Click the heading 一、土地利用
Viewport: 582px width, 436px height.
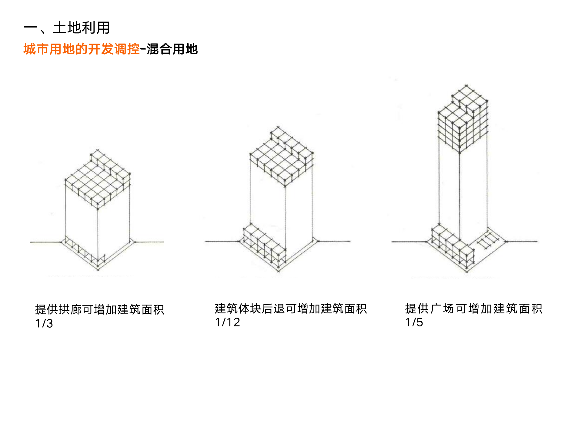pos(66,28)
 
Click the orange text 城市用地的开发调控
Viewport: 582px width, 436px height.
pos(82,49)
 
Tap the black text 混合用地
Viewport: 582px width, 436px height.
pos(172,49)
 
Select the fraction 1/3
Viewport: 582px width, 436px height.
pos(44,323)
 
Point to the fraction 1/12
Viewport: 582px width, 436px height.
pos(227,322)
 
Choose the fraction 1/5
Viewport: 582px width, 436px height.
pos(414,322)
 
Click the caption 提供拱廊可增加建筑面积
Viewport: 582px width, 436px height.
pos(99,309)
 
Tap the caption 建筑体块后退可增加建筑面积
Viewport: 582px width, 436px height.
pos(291,309)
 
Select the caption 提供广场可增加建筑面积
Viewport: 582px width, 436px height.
pos(473,309)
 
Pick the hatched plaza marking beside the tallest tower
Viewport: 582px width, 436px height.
pos(487,241)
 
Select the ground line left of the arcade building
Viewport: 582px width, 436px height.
pos(45,242)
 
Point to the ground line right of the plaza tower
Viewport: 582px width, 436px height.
pos(521,241)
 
